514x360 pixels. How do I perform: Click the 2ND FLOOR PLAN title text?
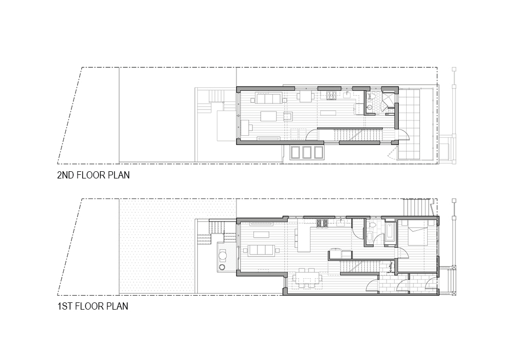pyautogui.click(x=93, y=175)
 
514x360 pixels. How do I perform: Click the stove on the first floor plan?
pyautogui.click(x=322, y=223)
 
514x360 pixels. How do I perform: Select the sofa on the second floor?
pyautogui.click(x=268, y=98)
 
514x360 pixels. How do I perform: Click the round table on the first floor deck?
pyautogui.click(x=223, y=255)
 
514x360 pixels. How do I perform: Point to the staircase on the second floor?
pyautogui.click(x=352, y=135)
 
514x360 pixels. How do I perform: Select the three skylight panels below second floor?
pyautogui.click(x=307, y=152)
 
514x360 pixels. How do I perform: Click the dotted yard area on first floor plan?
pyautogui.click(x=157, y=247)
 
